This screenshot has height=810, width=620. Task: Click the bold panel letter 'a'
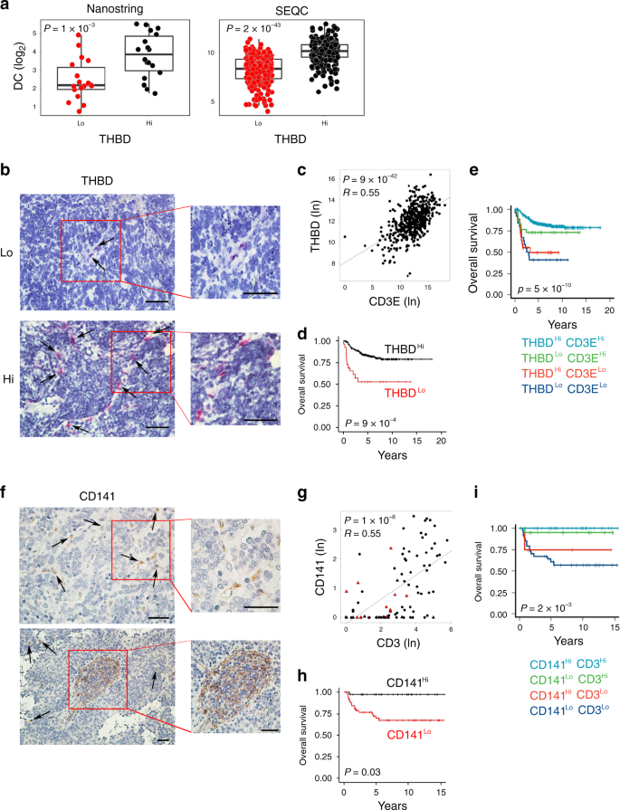[x=6, y=8]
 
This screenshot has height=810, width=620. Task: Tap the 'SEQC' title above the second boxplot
[x=291, y=8]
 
